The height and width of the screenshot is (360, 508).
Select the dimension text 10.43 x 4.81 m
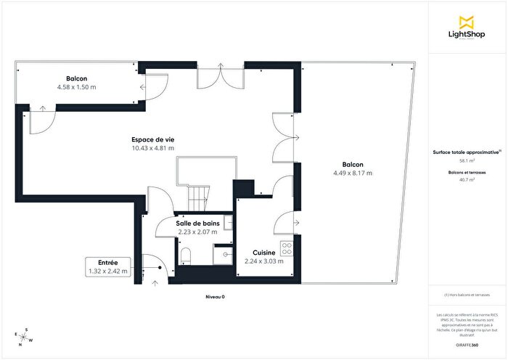(152, 148)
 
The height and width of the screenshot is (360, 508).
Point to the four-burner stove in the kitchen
(287, 248)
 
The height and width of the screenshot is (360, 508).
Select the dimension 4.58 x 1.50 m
(76, 87)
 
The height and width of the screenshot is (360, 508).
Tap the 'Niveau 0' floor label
(216, 297)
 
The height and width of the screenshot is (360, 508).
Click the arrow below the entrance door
(154, 283)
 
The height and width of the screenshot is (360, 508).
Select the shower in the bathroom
(223, 254)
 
